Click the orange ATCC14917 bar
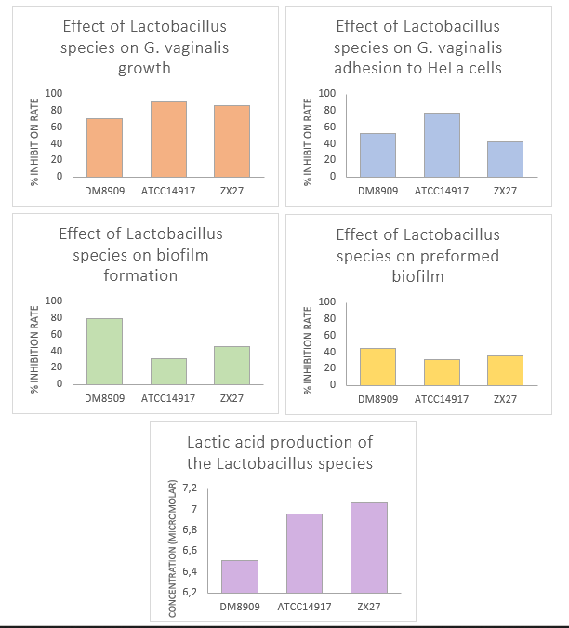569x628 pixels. [x=168, y=139]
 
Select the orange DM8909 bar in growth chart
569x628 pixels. [x=104, y=147]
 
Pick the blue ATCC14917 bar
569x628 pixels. [x=442, y=144]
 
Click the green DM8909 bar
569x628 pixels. [x=104, y=351]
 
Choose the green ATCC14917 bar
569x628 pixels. [x=168, y=371]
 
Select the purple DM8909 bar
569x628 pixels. [x=240, y=576]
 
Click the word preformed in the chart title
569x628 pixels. [x=459, y=256]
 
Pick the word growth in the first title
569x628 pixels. [x=143, y=68]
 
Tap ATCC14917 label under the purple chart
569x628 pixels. [x=304, y=608]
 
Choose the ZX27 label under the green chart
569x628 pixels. [x=232, y=399]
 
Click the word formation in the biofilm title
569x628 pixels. [x=143, y=275]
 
